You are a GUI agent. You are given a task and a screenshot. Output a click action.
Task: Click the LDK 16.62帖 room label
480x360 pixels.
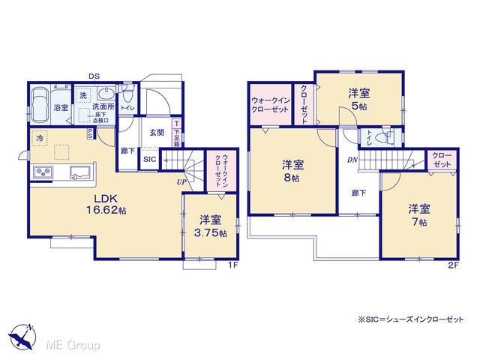106,205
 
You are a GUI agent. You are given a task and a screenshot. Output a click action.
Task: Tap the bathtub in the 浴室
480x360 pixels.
40,105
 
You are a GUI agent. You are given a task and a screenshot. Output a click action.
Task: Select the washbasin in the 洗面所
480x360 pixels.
106,92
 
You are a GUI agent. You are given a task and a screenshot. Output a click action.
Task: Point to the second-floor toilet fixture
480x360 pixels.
386,136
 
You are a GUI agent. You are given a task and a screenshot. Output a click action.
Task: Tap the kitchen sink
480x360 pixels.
79,172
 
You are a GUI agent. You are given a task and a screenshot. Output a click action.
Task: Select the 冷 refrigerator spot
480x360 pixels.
39,138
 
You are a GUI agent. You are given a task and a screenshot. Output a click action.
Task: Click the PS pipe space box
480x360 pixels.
91,133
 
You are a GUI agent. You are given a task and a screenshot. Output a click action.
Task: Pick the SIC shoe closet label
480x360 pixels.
150,159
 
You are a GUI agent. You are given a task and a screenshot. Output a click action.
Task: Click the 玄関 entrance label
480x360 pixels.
157,133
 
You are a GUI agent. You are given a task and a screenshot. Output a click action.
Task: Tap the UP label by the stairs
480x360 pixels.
181,182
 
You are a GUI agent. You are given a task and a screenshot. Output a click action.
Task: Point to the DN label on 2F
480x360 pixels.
352,160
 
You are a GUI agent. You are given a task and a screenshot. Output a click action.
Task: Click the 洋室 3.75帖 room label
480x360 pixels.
210,226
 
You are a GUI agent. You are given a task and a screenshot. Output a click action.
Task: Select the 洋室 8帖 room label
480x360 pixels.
292,171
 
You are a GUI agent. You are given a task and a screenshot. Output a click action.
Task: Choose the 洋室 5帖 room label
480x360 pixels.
359,100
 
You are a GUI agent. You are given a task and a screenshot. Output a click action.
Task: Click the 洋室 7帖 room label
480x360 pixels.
419,215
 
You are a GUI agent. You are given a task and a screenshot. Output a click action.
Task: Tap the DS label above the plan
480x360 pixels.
94,76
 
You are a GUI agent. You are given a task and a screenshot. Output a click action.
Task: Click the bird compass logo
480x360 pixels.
22,337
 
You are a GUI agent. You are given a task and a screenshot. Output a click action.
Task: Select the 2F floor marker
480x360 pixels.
454,265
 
